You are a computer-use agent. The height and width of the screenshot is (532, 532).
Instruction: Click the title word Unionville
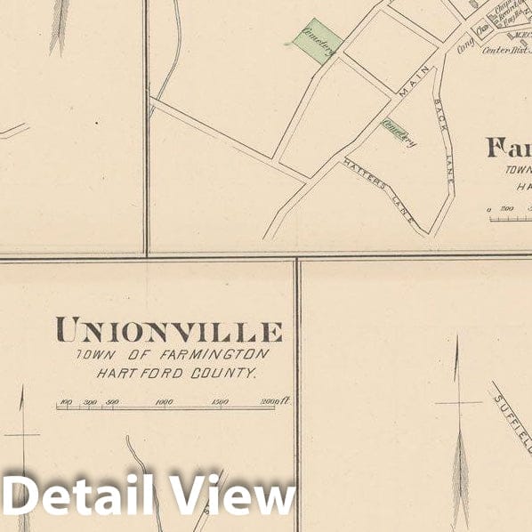[x=169, y=331]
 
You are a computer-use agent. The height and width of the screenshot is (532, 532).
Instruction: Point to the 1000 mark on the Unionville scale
[x=164, y=402]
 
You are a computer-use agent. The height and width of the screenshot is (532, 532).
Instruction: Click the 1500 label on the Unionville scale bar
[x=220, y=402]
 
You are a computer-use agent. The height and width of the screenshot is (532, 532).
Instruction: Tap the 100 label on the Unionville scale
[x=65, y=402]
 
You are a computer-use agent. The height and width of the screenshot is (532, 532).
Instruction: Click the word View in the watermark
[x=233, y=496]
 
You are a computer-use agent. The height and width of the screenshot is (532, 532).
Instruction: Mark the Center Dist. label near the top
[x=505, y=51]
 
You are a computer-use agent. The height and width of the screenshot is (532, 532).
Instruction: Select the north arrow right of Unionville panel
[x=458, y=427]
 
